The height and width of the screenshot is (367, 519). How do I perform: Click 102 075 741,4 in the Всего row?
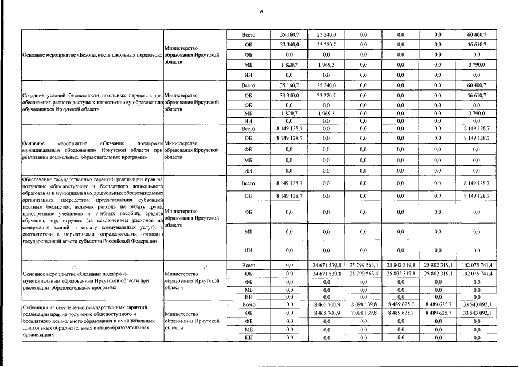pyautogui.click(x=477, y=265)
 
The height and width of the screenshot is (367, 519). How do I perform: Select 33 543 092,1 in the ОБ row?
pyautogui.click(x=477, y=314)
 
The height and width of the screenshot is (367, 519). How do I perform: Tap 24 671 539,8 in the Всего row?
pyautogui.click(x=327, y=265)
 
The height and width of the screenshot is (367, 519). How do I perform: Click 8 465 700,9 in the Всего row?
pyautogui.click(x=327, y=305)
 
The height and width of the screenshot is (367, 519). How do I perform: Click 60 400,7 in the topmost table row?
pyautogui.click(x=477, y=35)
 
